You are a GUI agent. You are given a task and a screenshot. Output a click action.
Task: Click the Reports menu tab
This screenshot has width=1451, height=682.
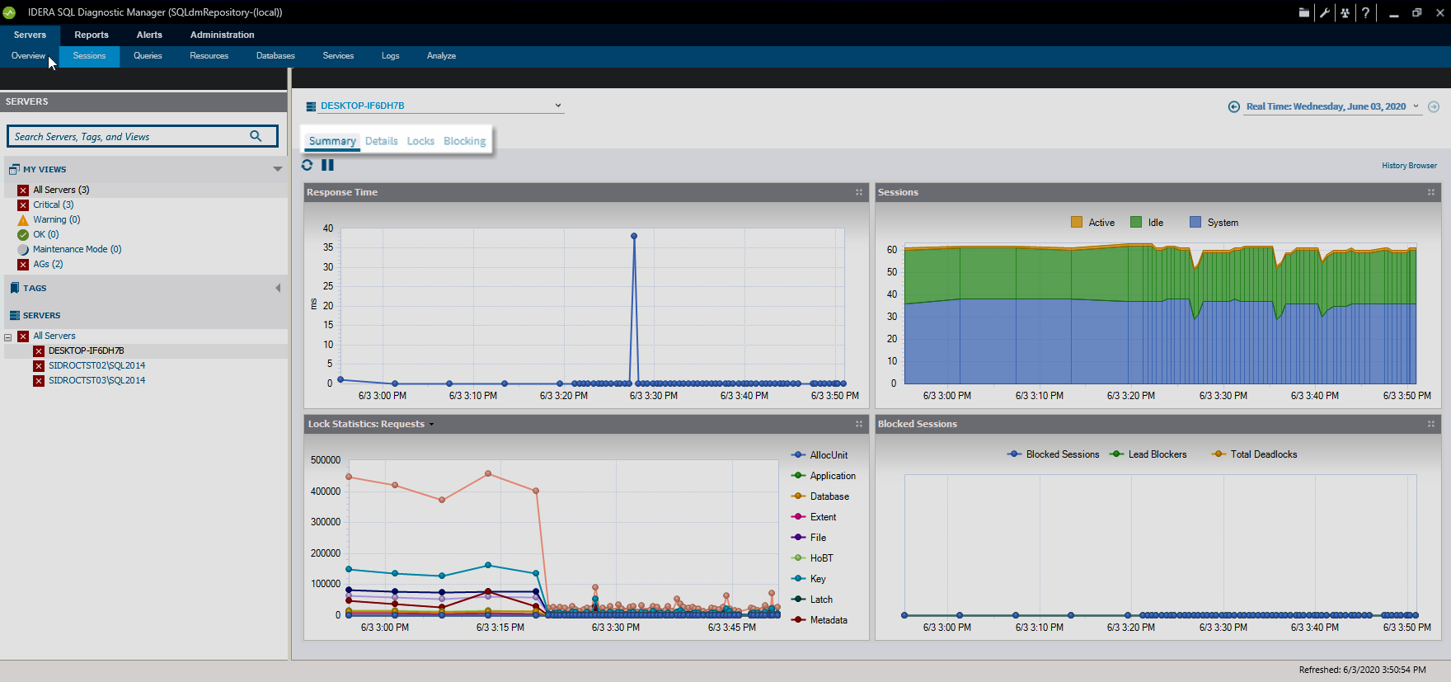[91, 35]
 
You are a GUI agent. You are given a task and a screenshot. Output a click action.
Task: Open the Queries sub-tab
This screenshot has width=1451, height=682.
[148, 56]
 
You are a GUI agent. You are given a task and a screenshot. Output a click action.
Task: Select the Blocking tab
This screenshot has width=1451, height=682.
[464, 141]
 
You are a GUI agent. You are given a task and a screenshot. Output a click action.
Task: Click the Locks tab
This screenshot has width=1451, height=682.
[420, 141]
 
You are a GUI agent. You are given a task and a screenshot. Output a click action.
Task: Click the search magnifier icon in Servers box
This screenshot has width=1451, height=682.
[256, 136]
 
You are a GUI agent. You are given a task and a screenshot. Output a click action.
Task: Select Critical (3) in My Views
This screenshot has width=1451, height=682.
[53, 205]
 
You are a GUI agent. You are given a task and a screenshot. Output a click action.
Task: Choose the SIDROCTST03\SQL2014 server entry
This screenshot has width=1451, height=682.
[96, 380]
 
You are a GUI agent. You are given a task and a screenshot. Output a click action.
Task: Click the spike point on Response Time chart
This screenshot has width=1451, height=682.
[634, 236]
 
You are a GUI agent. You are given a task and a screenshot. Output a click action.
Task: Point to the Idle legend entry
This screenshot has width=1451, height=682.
[1155, 223]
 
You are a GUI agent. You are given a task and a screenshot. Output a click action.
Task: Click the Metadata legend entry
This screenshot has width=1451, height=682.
[828, 620]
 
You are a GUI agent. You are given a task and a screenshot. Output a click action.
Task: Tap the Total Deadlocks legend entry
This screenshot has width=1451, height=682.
[1263, 454]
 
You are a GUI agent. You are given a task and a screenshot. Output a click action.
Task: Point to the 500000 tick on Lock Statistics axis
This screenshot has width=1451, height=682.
[326, 460]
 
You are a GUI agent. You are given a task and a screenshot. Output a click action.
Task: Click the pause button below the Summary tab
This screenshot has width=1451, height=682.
[327, 165]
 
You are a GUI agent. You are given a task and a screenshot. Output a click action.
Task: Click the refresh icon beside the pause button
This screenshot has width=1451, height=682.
[308, 165]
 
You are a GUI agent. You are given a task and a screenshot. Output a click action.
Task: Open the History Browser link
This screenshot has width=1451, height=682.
[1409, 166]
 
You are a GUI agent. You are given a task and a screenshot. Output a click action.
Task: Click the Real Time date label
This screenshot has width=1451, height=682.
[1326, 106]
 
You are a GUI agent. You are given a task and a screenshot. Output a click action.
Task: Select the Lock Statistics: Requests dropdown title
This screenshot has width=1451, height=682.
[370, 424]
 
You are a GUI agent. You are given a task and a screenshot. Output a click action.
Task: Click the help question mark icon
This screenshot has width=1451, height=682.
[1366, 12]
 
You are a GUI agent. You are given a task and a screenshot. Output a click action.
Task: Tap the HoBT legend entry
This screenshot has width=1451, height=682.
[821, 558]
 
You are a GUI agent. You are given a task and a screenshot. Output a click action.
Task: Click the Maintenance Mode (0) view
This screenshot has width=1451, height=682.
[77, 249]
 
